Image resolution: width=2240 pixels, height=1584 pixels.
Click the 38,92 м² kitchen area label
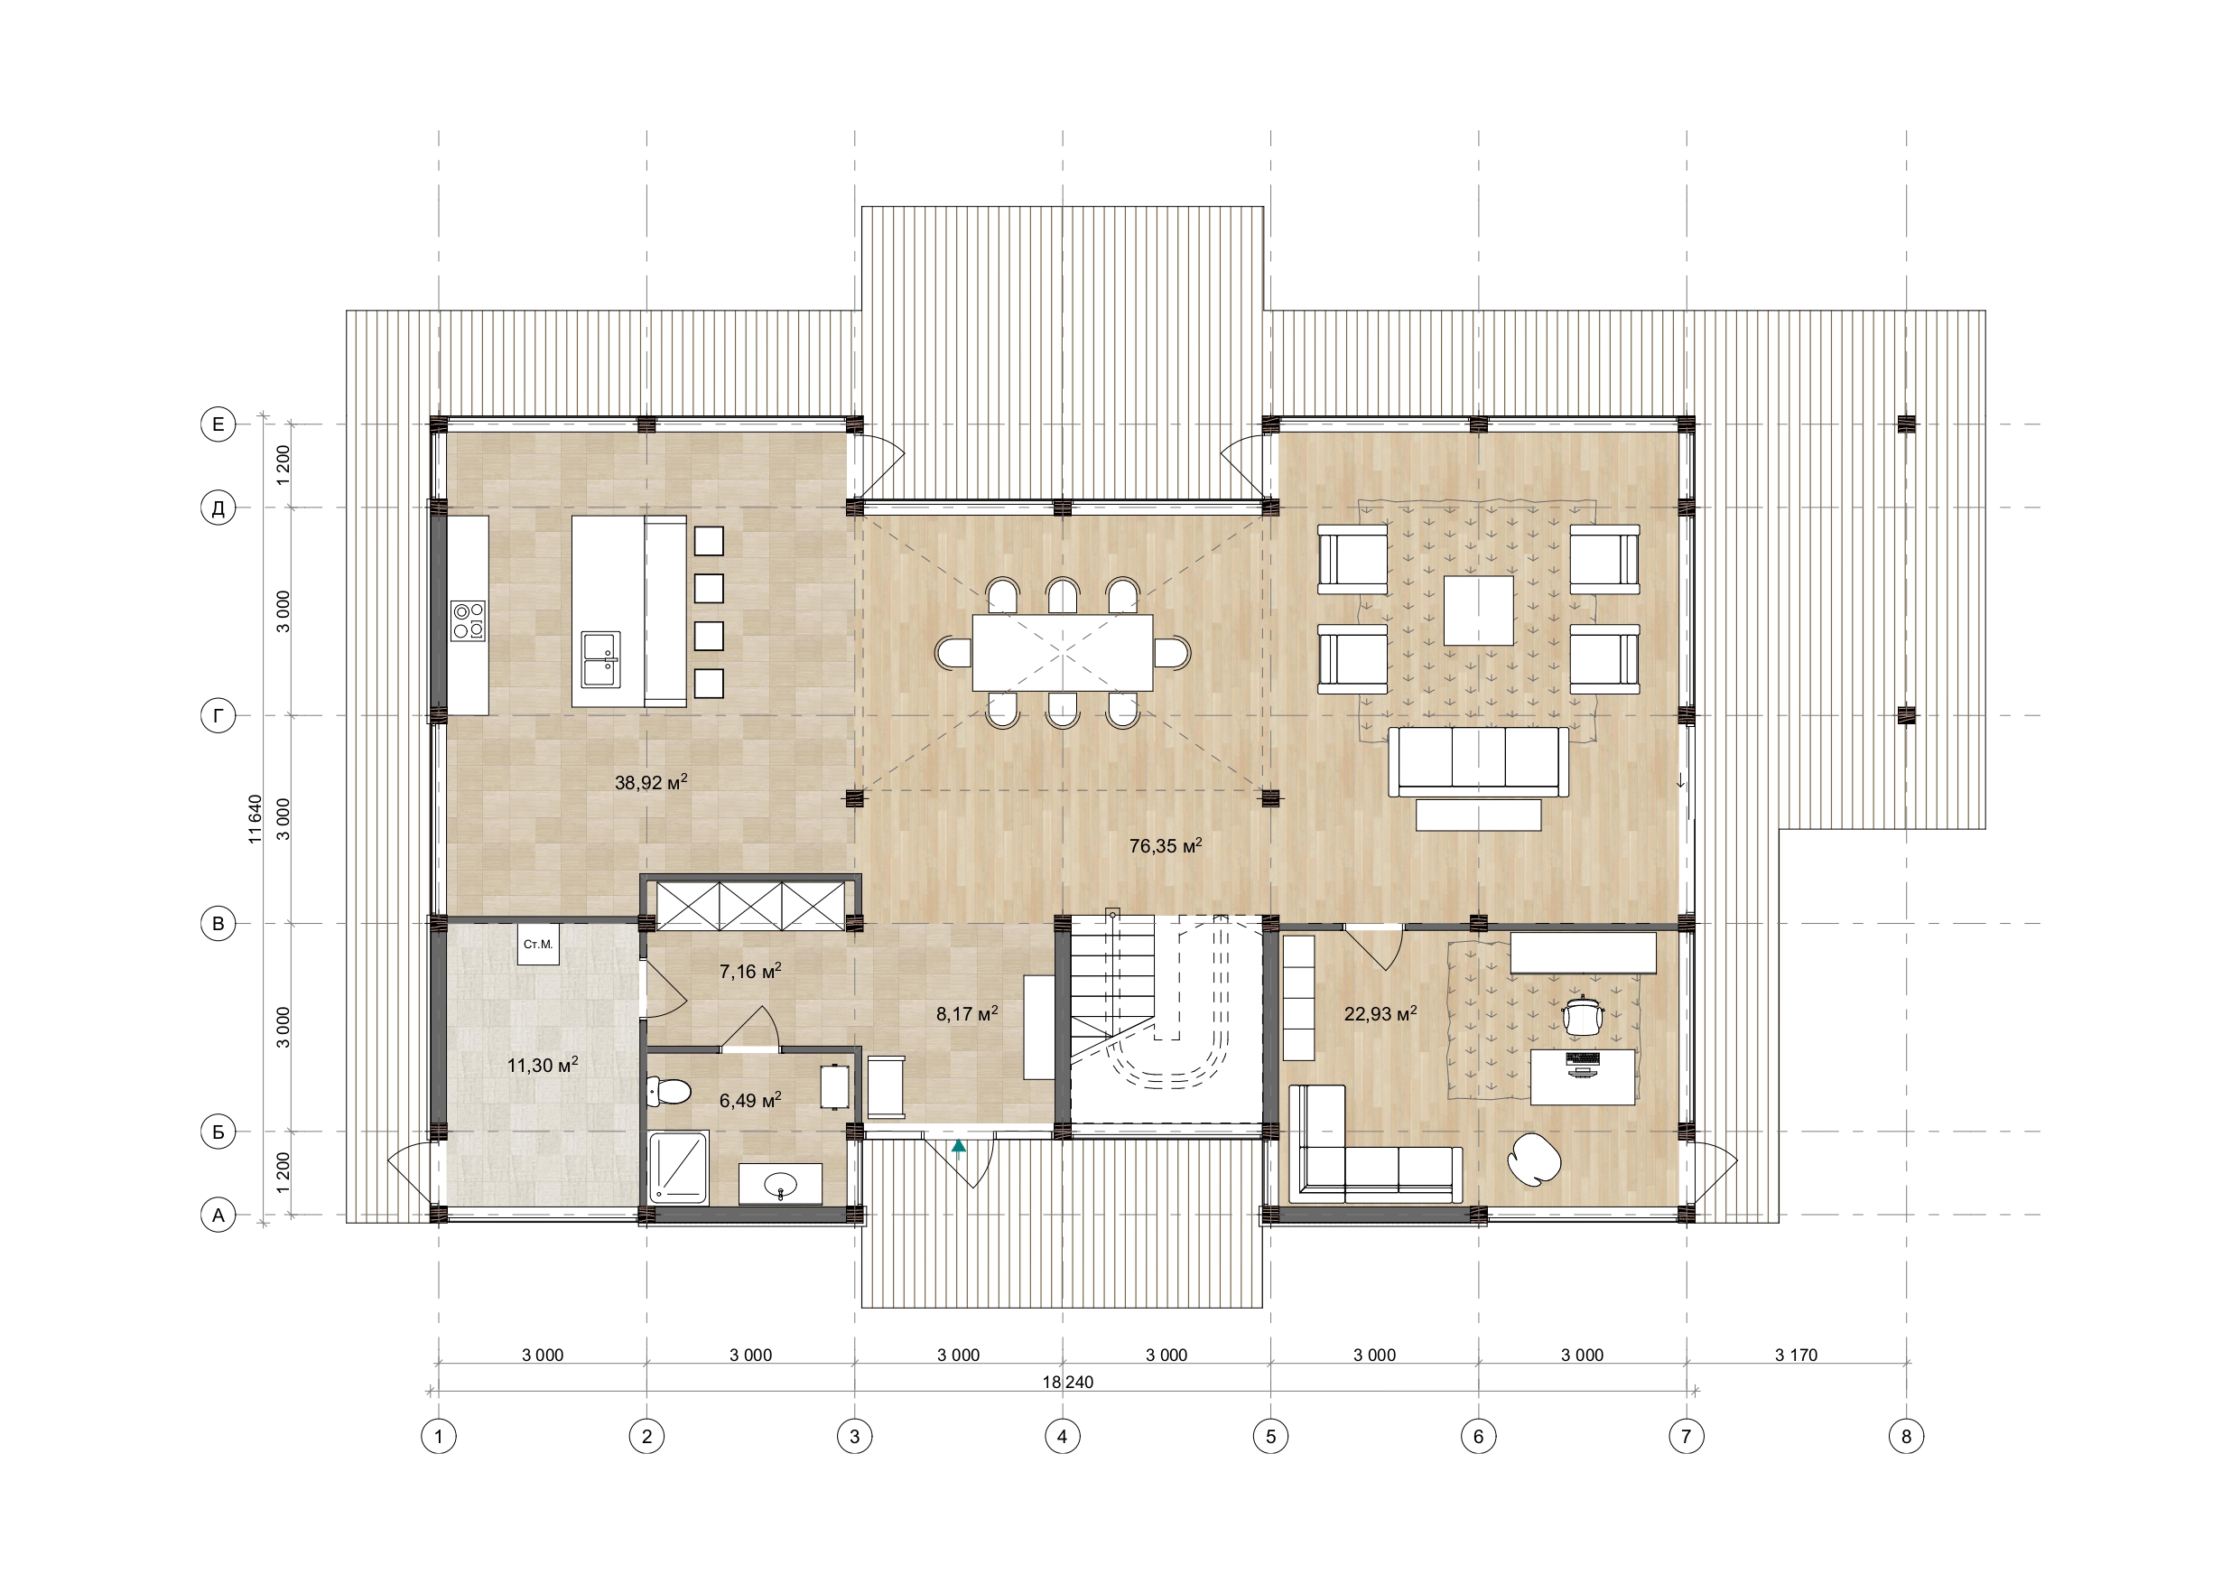point(651,782)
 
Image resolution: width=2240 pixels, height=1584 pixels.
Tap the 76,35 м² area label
point(1165,846)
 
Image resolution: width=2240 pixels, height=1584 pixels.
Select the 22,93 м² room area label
point(1380,1014)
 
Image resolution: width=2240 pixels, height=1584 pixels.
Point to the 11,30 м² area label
point(543,1065)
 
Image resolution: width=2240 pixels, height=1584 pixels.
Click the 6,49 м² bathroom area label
point(749,1100)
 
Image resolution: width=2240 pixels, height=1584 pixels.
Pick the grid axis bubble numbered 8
point(1906,1436)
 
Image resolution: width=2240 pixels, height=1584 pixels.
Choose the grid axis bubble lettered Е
point(218,424)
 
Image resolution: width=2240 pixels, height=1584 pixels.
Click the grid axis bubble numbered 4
point(1063,1436)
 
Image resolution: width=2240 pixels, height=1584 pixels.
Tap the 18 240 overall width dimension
point(1067,1382)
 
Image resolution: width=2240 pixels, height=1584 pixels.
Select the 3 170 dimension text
point(1796,1355)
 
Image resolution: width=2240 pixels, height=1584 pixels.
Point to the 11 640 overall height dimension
point(256,819)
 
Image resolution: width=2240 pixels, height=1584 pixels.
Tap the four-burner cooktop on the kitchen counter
point(469,620)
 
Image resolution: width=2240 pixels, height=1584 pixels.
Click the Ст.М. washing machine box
point(537,945)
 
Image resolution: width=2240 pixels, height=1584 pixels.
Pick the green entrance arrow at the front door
point(959,1146)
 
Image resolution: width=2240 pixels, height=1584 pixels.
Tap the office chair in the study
point(1582,1015)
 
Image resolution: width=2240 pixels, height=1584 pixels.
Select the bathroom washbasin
point(779,1184)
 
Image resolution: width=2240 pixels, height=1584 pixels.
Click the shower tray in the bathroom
point(679,1165)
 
